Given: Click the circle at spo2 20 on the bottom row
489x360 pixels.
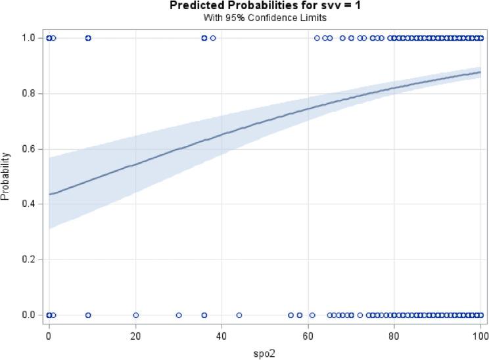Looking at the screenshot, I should [x=135, y=315].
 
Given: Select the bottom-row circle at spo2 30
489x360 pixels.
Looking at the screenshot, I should [x=179, y=315].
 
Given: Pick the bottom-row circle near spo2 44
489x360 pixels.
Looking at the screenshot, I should [x=239, y=315].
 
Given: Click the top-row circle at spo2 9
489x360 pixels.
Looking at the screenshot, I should [x=88, y=38].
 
